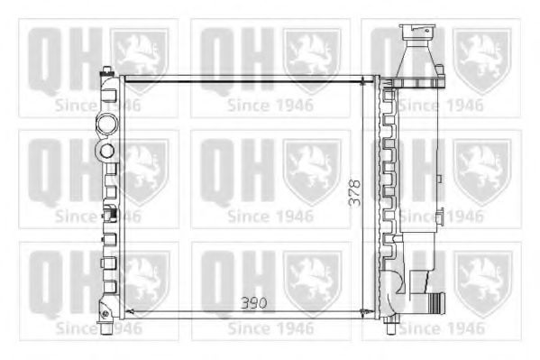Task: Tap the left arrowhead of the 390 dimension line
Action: [x=127, y=311]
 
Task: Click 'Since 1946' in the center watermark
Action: [x=270, y=216]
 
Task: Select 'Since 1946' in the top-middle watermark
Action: [x=270, y=104]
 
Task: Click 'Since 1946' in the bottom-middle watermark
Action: [x=270, y=328]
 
